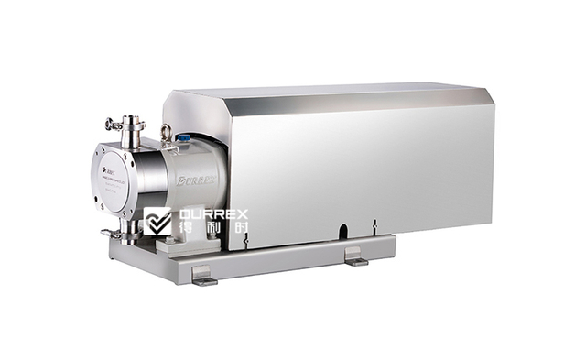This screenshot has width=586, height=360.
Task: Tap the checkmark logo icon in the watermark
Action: tap(157, 220)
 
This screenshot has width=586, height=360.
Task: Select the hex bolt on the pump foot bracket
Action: tap(169, 241)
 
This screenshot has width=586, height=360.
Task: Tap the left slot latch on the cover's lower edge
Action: tap(245, 239)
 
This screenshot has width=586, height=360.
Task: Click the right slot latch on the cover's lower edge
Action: tap(374, 224)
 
